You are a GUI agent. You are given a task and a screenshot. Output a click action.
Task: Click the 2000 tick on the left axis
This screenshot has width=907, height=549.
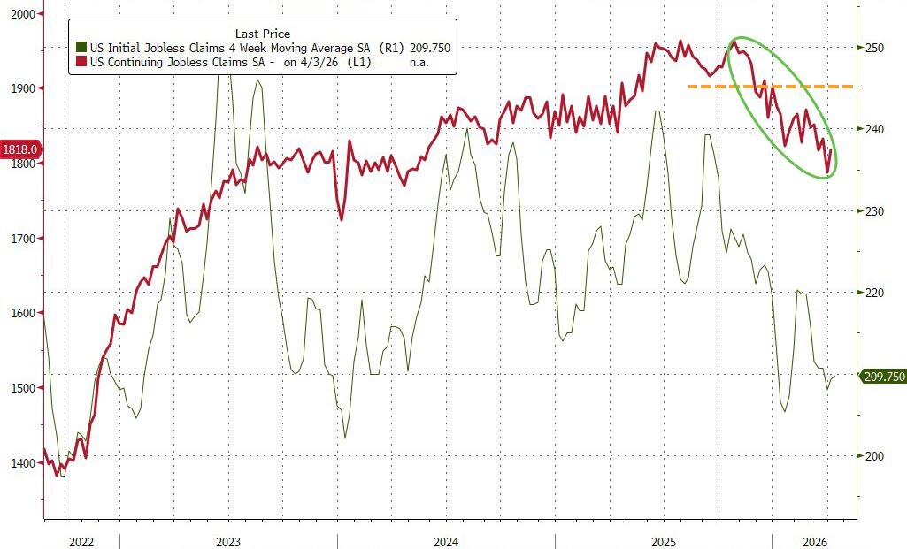click(21, 14)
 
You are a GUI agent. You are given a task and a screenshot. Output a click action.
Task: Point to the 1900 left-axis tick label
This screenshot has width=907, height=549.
click(21, 88)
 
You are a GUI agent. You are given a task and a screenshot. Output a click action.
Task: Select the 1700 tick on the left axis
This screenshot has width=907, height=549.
click(21, 239)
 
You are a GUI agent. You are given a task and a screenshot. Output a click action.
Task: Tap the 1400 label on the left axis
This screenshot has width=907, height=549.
click(21, 463)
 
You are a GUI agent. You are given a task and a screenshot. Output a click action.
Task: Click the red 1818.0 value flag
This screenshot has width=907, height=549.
click(19, 150)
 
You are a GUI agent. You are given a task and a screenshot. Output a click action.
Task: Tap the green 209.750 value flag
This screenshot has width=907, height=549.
click(883, 377)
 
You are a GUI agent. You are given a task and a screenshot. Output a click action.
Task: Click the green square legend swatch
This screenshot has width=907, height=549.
click(81, 48)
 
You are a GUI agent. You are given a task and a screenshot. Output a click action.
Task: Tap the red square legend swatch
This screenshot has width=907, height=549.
click(81, 63)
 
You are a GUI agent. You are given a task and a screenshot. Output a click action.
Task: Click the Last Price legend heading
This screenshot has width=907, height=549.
click(262, 34)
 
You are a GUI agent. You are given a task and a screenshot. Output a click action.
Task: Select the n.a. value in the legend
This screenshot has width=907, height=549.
click(419, 63)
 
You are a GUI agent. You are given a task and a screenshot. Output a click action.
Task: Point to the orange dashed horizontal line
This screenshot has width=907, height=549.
click(770, 87)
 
